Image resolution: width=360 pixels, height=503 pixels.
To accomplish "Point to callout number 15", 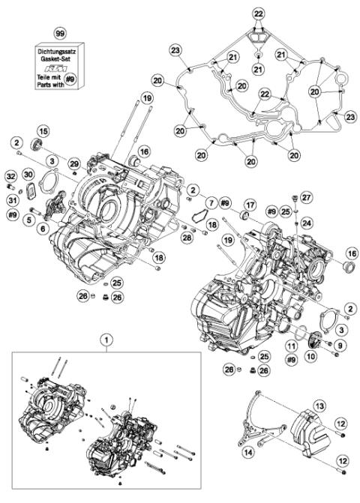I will coord(43,132).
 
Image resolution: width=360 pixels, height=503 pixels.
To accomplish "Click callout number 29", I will coord(73,163).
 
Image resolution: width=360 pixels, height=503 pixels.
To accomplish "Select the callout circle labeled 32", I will coord(10,176).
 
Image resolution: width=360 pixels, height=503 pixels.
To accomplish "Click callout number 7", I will coord(212,202).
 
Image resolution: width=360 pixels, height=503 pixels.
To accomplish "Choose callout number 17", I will coord(250,204).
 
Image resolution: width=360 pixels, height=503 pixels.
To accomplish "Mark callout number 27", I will coord(305,198).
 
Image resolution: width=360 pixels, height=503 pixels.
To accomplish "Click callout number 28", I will coord(185,237).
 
